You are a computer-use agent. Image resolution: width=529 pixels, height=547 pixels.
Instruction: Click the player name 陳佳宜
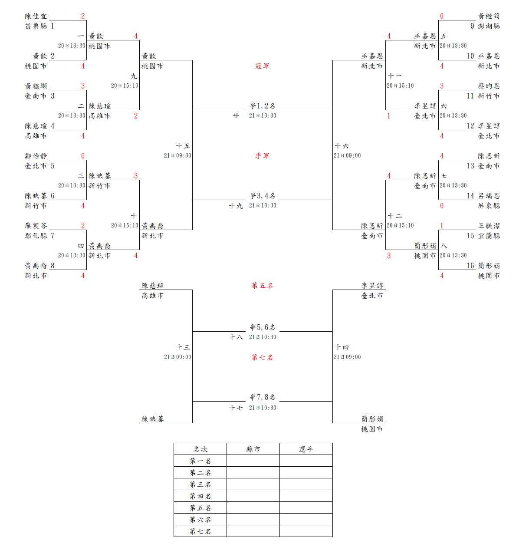pos(36,16)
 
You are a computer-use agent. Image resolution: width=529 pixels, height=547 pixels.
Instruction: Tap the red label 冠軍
pos(262,66)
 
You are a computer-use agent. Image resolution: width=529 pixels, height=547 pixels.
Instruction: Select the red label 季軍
pos(262,156)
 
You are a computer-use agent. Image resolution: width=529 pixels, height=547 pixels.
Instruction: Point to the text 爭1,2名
pos(262,106)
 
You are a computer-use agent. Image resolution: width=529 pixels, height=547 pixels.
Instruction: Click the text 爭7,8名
pos(262,397)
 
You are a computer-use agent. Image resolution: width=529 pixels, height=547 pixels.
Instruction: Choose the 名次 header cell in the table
pos(200,449)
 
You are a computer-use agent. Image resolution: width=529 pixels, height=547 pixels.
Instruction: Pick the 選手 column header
pos(306,449)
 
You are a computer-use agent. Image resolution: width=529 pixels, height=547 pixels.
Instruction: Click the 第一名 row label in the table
pos(200,461)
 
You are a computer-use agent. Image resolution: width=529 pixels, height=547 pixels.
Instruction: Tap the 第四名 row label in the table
pos(200,496)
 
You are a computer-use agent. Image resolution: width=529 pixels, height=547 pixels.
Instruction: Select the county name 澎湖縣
pos(489,26)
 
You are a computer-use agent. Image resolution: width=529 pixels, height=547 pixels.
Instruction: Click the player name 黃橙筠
pos(489,16)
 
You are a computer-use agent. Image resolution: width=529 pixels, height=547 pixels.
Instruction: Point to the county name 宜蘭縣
pos(489,236)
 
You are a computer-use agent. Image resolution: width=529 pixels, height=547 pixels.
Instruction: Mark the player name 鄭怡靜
pos(36,156)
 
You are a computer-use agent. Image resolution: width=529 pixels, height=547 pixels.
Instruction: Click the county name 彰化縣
pos(36,236)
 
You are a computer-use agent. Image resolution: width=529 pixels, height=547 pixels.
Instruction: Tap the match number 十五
pos(183,146)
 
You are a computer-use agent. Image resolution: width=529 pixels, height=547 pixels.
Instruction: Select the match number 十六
pos(342,146)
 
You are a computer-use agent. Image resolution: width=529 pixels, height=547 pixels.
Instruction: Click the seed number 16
pos(470,266)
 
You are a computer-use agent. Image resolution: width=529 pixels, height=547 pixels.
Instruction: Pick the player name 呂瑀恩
pos(489,196)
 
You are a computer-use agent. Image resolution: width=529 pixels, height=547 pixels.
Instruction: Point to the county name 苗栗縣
pos(36,26)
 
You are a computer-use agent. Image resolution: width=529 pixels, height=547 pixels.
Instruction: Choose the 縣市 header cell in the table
pos(253,449)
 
